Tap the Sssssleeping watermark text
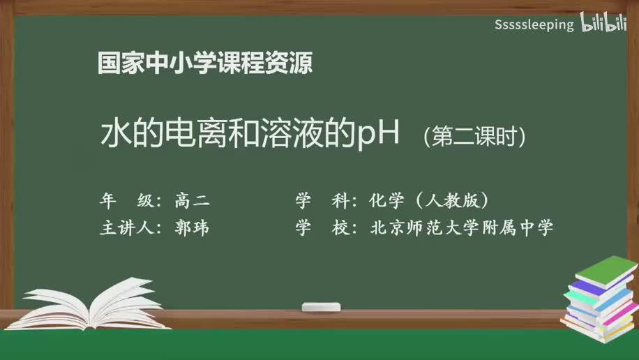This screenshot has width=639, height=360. tap(534, 25)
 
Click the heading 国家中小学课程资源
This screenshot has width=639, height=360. tap(205, 63)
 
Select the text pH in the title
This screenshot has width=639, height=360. tap(377, 134)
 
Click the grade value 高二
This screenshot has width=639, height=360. tap(193, 202)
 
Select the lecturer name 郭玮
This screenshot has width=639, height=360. tap(193, 228)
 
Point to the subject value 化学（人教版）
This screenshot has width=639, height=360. tap(428, 202)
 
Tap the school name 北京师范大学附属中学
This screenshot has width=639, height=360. tap(463, 228)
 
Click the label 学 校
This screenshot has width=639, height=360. tap(322, 228)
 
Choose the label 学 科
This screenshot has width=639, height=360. tap(322, 202)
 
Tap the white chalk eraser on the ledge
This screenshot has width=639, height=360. tap(321, 307)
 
